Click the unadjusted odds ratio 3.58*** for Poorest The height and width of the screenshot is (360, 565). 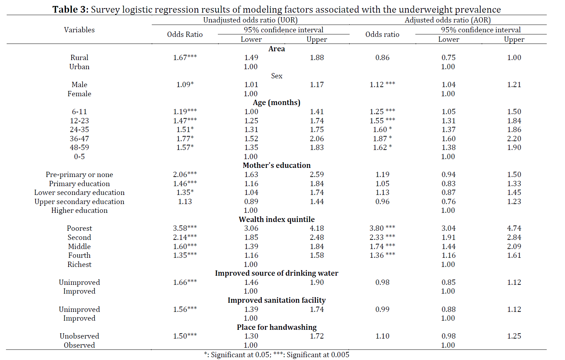(185, 228)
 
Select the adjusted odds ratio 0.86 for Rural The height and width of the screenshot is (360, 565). (382, 58)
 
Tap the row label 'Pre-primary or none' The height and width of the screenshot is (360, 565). (79, 175)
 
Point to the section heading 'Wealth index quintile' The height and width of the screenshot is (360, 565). (277, 219)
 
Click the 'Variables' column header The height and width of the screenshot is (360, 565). (79, 30)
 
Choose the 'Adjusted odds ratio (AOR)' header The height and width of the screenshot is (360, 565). (448, 20)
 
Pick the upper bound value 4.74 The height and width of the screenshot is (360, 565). (514, 228)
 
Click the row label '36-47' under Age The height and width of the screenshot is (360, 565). (79, 138)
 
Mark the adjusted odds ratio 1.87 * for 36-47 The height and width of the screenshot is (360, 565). (382, 138)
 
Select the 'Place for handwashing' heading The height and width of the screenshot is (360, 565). (277, 327)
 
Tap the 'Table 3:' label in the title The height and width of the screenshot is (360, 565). (71, 9)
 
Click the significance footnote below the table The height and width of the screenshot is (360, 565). (277, 355)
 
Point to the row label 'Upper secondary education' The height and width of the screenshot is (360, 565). (79, 202)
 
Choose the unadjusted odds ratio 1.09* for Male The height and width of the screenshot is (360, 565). (185, 84)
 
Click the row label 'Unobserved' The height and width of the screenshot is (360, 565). (79, 336)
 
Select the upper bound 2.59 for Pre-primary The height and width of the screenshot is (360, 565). (317, 175)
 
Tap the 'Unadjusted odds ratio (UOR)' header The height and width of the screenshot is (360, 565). (251, 20)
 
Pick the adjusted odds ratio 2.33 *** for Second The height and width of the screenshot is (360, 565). (382, 237)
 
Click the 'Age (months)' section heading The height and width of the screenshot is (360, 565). (277, 103)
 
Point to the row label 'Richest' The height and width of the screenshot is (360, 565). (79, 264)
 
